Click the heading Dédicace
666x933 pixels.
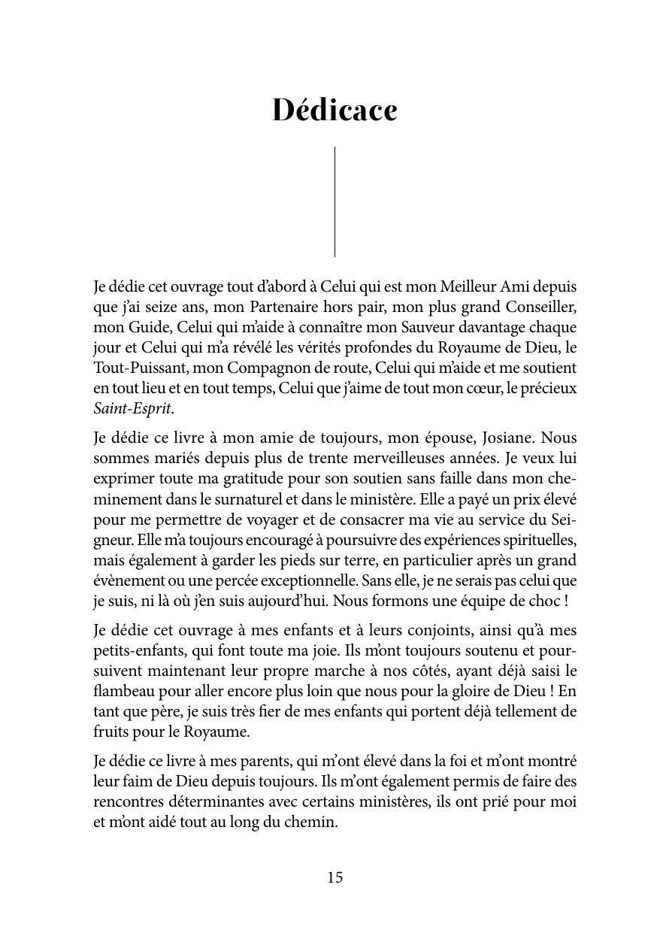(335, 110)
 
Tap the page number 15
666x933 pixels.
(335, 877)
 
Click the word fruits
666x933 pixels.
(110, 732)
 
